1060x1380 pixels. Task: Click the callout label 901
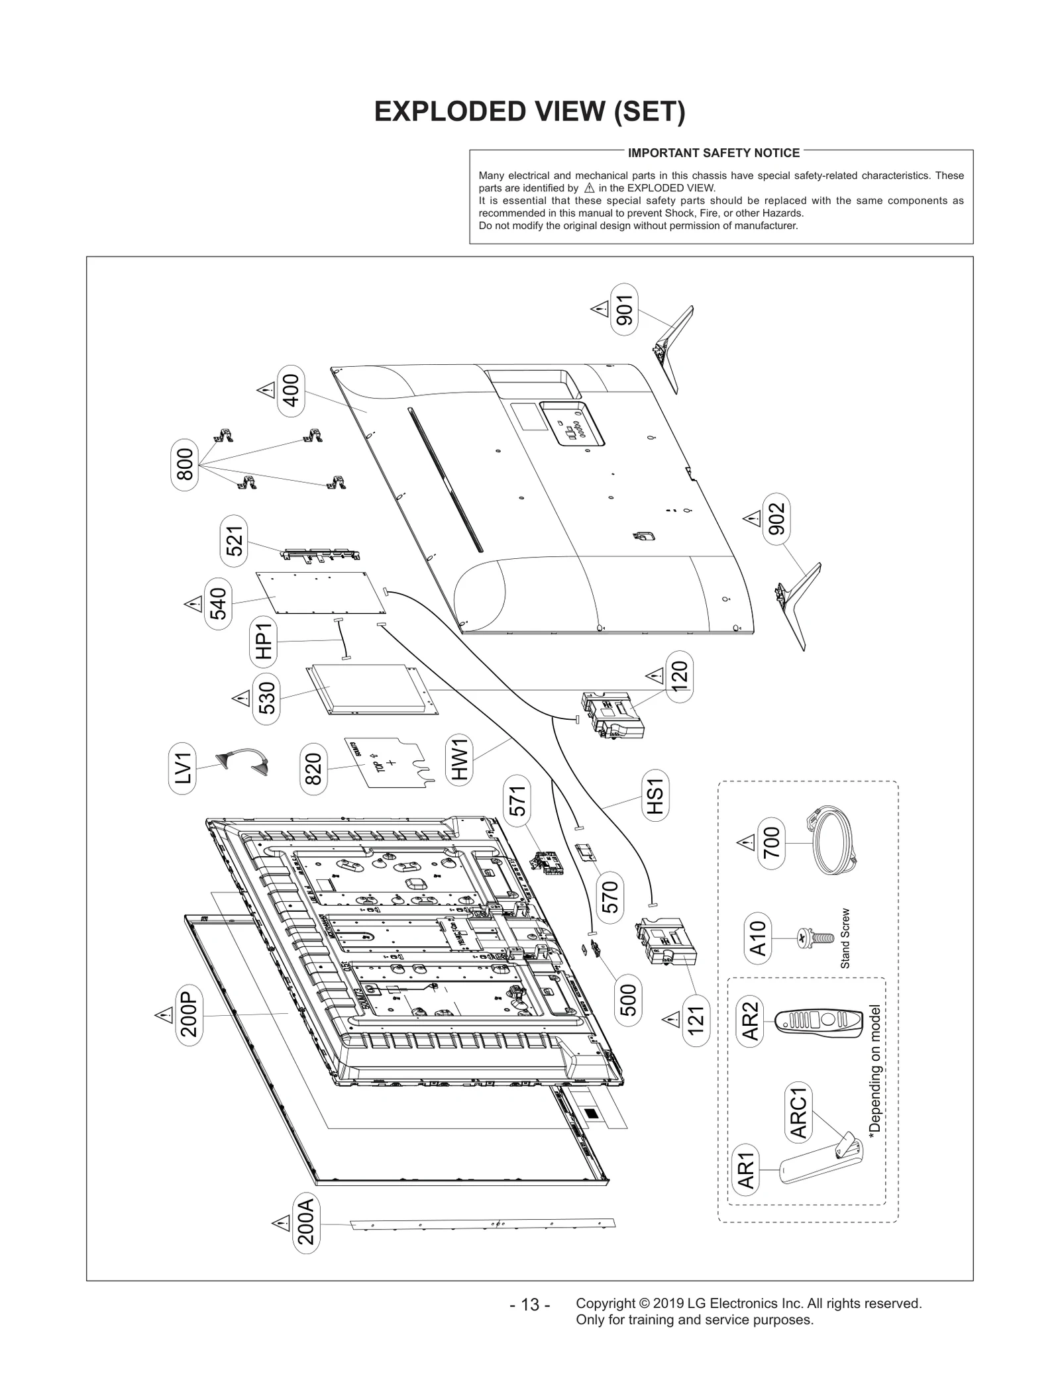(624, 309)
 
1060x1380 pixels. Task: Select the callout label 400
(291, 391)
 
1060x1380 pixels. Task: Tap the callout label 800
(185, 464)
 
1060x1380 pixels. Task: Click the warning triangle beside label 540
(193, 604)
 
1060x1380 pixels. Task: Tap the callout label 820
(312, 768)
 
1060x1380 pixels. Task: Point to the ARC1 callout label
(798, 1112)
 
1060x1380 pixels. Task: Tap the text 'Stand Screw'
(845, 938)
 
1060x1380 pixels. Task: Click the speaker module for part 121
(665, 942)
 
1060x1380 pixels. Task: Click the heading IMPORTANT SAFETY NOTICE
(714, 153)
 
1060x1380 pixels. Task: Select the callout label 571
(518, 800)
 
